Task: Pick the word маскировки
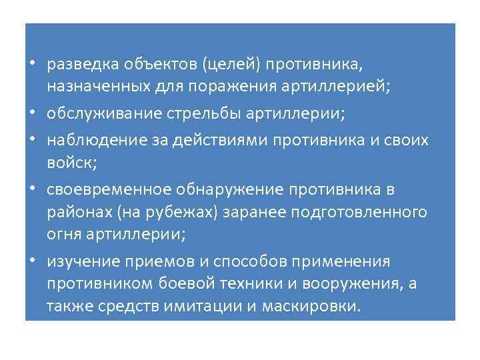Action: pos(313,307)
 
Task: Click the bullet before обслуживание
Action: pos(33,115)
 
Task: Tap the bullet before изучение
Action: pos(33,261)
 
